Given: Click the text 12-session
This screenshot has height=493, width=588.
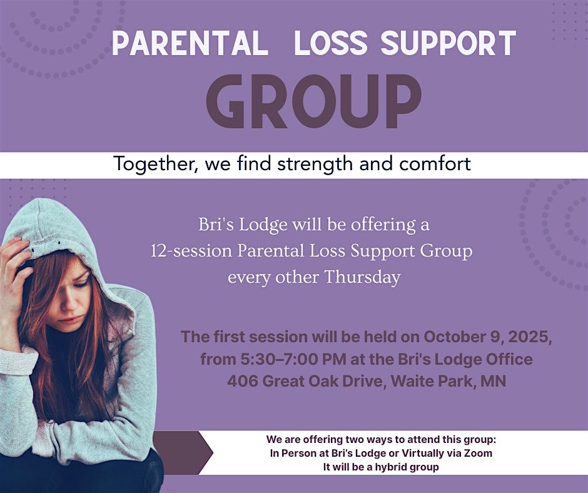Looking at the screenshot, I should [191, 251].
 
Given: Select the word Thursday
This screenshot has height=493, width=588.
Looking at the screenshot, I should [362, 277].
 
